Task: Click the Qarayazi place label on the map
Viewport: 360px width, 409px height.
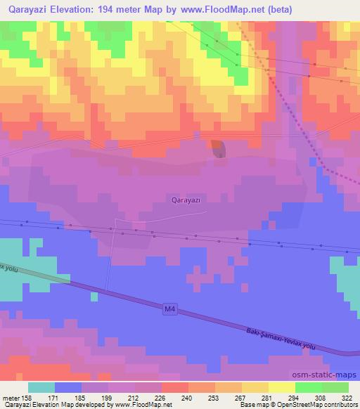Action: (186, 200)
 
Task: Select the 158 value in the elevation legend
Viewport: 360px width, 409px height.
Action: (27, 398)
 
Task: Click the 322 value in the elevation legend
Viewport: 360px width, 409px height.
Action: (348, 398)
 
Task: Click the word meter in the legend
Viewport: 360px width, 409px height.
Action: (11, 398)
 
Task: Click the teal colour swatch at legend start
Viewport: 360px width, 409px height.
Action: (41, 387)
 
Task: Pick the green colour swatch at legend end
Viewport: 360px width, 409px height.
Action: (335, 387)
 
